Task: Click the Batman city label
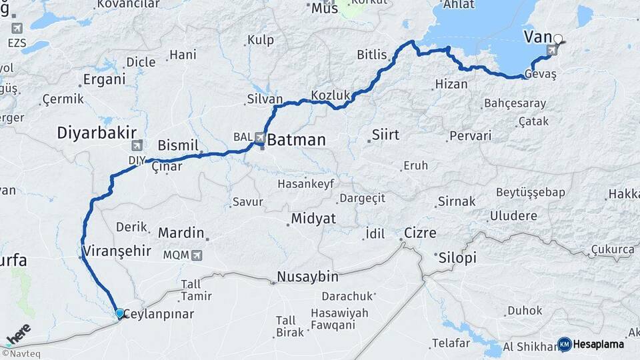297,140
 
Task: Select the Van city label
537,36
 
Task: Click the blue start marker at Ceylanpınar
119,313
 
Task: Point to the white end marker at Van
558,39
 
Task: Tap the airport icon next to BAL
259,137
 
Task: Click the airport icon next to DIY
137,145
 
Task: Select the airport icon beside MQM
196,255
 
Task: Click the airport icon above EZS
17,28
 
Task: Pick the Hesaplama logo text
599,344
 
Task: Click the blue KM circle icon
564,344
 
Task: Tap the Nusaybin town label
307,276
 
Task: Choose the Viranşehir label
117,252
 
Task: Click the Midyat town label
313,219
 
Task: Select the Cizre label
420,233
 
